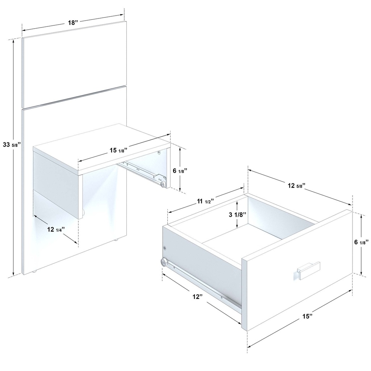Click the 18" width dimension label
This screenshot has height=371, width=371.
(73, 23)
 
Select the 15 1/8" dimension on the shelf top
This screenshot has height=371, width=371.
(119, 150)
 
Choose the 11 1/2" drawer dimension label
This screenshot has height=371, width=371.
(205, 201)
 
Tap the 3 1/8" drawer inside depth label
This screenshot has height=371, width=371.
(238, 214)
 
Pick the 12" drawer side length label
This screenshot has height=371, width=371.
(197, 297)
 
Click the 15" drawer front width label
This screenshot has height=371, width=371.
(307, 316)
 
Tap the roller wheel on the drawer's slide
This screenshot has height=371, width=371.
(164, 262)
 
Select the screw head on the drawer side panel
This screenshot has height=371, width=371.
(164, 248)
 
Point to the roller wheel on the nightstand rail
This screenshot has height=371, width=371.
(163, 184)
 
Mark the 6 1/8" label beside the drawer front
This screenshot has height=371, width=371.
(361, 242)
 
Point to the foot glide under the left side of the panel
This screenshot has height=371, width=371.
(34, 272)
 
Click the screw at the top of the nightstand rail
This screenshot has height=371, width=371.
(159, 153)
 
